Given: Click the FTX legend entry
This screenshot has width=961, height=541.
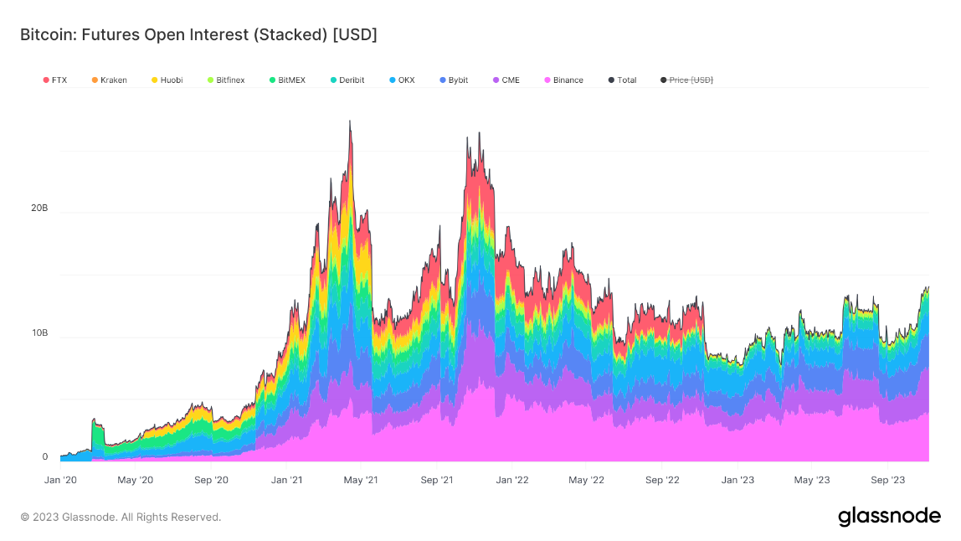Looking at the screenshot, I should point(55,80).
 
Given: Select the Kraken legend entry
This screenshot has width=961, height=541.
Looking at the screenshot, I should point(110,80).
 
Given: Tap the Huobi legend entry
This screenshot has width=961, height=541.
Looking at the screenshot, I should point(167,80).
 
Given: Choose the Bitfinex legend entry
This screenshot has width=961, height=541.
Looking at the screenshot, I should point(226,80).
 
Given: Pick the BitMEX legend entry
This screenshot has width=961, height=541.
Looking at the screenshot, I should point(287,80).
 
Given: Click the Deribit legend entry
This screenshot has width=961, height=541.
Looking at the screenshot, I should point(347,80).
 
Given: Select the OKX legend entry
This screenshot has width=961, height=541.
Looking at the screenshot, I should point(402,80).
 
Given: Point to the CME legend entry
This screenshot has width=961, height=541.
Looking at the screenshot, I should point(506,80).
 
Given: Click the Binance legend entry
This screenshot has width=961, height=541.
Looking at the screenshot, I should point(563,80).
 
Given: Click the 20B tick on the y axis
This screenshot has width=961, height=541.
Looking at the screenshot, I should point(39,208).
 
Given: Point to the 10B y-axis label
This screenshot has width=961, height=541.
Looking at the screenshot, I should point(39,332).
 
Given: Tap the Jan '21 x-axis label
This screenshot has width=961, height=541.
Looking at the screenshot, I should point(286,480).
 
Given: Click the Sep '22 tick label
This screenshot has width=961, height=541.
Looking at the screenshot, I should point(662,480).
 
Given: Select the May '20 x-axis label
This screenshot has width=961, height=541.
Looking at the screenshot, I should point(135,480).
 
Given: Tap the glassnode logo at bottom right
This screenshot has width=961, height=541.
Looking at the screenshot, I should point(889,516).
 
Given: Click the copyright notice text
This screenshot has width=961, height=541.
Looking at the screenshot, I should point(121,517).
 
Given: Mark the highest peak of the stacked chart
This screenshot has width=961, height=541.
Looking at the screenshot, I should point(350,121).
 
